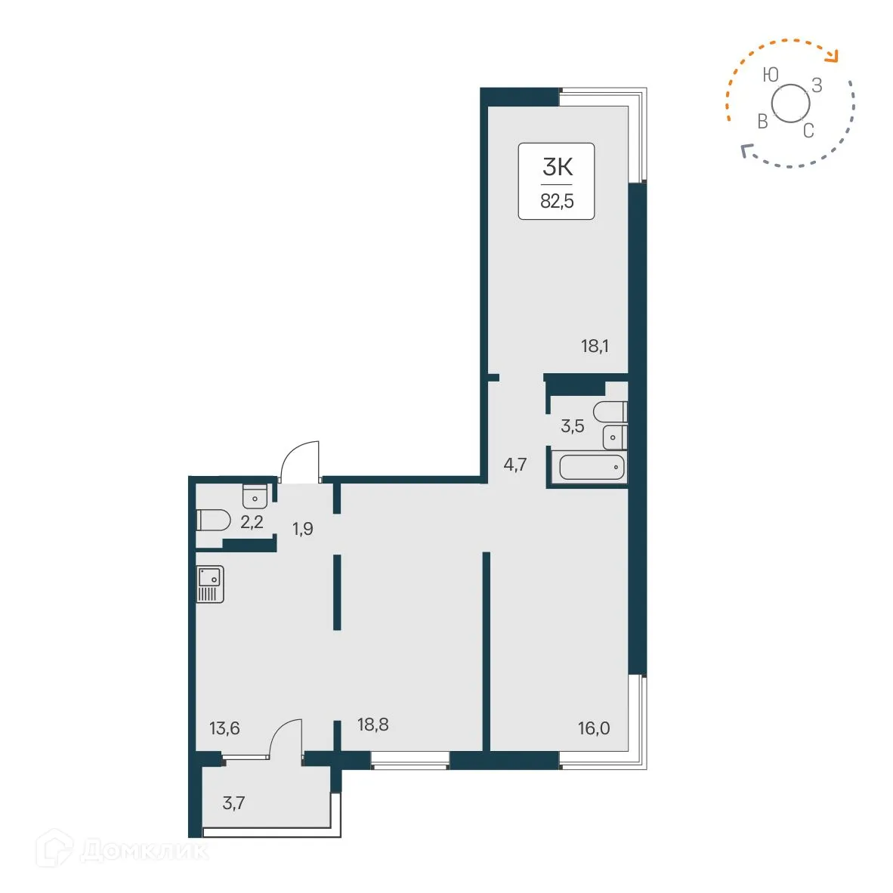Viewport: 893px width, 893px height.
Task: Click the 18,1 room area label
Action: [595, 347]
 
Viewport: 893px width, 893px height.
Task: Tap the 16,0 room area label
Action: [594, 728]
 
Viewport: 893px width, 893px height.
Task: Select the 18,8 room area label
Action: [372, 725]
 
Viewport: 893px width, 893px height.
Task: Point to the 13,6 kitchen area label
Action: [224, 728]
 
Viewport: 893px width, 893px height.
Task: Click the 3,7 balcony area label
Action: [233, 802]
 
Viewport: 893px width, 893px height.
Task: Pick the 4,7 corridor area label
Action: [515, 465]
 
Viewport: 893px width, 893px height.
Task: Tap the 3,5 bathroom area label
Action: [572, 426]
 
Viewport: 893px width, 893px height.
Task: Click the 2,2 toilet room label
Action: [252, 522]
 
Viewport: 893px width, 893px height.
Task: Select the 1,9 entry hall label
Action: [303, 529]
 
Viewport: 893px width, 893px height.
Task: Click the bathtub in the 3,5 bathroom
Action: [592, 468]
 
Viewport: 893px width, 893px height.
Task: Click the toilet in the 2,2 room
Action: [213, 521]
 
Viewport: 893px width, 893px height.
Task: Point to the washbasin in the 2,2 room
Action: [255, 496]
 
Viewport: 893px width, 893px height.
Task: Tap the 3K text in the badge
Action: [557, 168]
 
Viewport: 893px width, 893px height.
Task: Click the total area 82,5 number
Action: [557, 202]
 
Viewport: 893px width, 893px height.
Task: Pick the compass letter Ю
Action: [770, 74]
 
